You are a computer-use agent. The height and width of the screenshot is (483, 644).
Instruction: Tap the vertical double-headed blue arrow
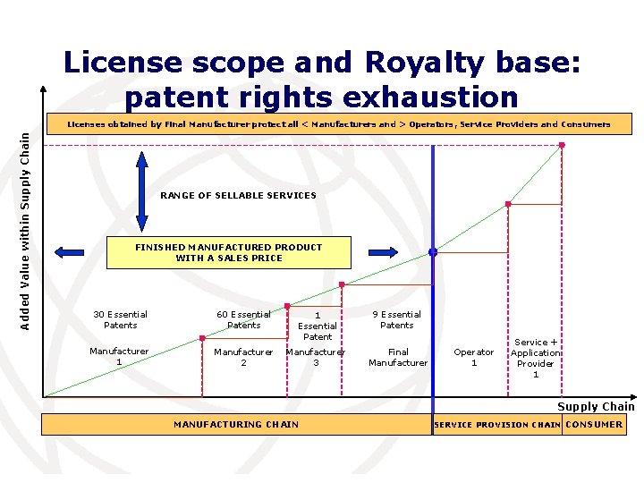click(x=141, y=194)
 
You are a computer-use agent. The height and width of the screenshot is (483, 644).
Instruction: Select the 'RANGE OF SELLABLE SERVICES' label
click(x=238, y=195)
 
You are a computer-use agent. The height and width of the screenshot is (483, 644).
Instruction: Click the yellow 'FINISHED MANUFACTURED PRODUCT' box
click(x=228, y=252)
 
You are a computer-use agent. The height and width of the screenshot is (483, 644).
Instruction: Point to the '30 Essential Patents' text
click(x=120, y=319)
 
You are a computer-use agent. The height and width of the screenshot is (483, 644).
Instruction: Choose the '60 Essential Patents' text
click(x=243, y=319)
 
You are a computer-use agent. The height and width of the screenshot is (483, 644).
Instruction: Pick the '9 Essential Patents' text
click(x=397, y=319)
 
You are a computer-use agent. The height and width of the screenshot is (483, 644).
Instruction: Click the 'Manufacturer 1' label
click(x=119, y=356)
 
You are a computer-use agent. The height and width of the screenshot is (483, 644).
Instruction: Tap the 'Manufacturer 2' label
click(x=243, y=357)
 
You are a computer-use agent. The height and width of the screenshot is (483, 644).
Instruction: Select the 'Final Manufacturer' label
click(x=398, y=357)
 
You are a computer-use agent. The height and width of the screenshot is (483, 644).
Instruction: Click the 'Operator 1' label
click(x=474, y=357)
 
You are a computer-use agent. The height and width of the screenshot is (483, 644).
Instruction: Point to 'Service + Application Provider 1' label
click(x=536, y=358)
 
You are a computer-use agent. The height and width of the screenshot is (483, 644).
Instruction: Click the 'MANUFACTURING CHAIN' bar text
click(x=236, y=424)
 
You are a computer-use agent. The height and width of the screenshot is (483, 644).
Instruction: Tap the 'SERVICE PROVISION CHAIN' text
click(x=497, y=425)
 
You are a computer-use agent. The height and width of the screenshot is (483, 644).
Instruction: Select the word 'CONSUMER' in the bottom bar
click(x=595, y=424)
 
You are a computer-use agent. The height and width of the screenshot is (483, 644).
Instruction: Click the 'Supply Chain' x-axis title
click(x=596, y=407)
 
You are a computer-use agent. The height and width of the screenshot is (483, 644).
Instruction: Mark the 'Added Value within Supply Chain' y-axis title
click(x=26, y=230)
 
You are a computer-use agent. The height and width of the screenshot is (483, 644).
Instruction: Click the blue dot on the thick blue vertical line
click(x=433, y=252)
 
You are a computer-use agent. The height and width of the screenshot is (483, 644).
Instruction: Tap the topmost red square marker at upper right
click(x=562, y=145)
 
